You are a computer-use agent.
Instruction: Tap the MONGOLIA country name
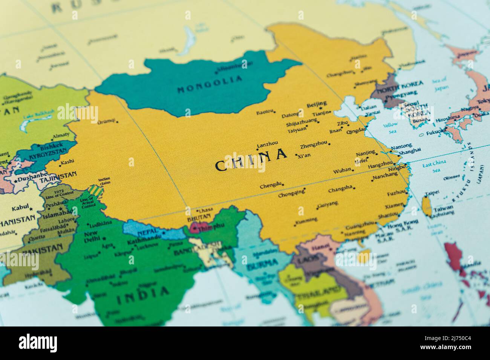210,85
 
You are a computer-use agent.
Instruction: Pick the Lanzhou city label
267,143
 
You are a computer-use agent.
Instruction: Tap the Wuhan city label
342,171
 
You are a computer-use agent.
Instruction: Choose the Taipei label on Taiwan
432,194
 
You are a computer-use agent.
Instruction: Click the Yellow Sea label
390,128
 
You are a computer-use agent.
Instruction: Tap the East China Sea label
434,166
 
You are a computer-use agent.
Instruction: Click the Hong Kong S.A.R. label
403,226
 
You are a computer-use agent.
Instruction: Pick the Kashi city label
67,162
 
